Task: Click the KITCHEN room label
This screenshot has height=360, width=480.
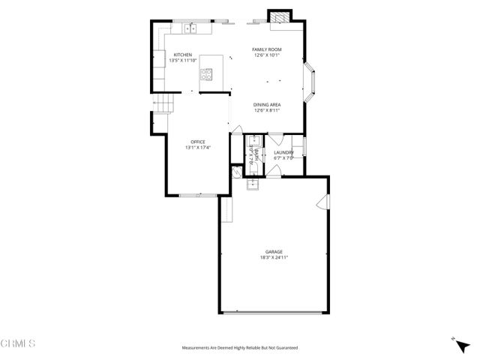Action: click(183, 55)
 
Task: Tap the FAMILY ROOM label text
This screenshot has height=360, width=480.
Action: click(266, 49)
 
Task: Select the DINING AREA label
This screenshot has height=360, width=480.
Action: click(266, 105)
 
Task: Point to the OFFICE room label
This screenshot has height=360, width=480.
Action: click(198, 142)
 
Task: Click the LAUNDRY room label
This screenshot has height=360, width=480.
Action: click(283, 153)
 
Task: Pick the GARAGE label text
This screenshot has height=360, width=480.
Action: click(273, 251)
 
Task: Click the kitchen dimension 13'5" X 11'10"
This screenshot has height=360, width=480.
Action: click(183, 60)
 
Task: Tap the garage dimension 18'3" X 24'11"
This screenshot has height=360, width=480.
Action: click(273, 257)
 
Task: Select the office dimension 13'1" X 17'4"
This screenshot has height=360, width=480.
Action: click(198, 147)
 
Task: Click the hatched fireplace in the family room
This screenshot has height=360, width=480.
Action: click(279, 17)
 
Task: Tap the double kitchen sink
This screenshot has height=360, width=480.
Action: click(191, 28)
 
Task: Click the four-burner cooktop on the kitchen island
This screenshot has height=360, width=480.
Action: click(207, 74)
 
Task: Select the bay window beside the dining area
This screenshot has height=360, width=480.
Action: click(312, 83)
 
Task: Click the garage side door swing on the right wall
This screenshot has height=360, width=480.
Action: click(324, 202)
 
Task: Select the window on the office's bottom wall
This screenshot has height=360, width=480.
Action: click(199, 195)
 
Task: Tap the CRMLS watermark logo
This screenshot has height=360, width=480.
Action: click(18, 343)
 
